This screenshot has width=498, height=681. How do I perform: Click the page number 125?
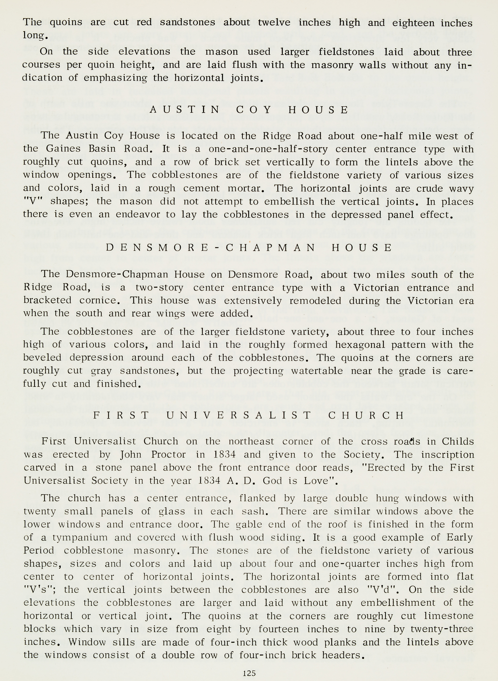[x=249, y=673]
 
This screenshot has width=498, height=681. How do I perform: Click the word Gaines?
[x=63, y=149]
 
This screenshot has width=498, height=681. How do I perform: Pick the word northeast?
[x=251, y=441]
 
